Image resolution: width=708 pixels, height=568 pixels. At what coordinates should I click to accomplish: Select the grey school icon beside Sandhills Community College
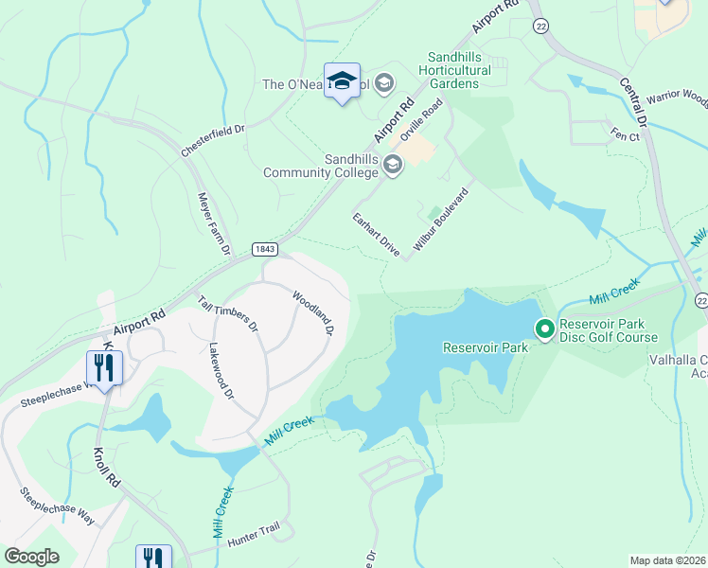coord(393,166)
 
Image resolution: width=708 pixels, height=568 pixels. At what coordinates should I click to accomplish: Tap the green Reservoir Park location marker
coord(544,329)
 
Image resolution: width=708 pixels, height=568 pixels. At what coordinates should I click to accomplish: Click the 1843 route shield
coord(265,249)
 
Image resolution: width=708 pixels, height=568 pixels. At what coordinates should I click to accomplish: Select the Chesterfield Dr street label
coord(213,139)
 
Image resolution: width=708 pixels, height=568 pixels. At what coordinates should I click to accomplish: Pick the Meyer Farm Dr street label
coord(214,223)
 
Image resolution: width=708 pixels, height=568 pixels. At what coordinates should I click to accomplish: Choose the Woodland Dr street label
coord(313,313)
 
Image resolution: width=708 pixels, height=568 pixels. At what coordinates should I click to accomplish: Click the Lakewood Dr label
coord(221,371)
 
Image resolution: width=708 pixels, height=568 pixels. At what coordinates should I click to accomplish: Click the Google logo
coord(32,556)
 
